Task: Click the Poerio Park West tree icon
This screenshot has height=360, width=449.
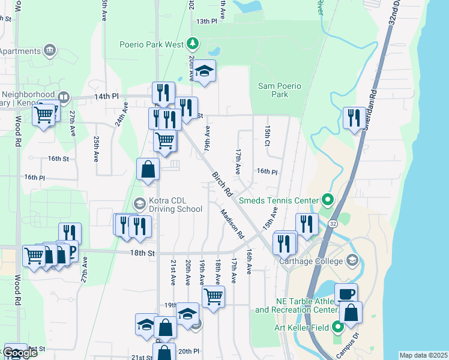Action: pyautogui.click(x=192, y=43)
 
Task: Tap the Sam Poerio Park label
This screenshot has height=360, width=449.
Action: pyautogui.click(x=280, y=90)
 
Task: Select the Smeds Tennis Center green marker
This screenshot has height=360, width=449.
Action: pyautogui.click(x=328, y=199)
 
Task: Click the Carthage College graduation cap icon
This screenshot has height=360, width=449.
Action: pyautogui.click(x=352, y=260)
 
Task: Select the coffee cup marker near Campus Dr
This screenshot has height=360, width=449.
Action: pyautogui.click(x=346, y=294)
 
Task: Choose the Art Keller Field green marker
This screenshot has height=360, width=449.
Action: pyautogui.click(x=337, y=327)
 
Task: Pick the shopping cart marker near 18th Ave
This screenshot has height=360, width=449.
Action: pyautogui.click(x=214, y=296)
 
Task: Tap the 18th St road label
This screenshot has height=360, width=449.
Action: pyautogui.click(x=143, y=253)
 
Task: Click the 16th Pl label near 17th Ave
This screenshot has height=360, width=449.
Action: pyautogui.click(x=267, y=172)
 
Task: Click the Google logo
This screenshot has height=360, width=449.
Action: pyautogui.click(x=20, y=353)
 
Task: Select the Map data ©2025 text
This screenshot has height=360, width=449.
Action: pyautogui.click(x=424, y=355)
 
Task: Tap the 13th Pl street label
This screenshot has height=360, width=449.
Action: pyautogui.click(x=206, y=21)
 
